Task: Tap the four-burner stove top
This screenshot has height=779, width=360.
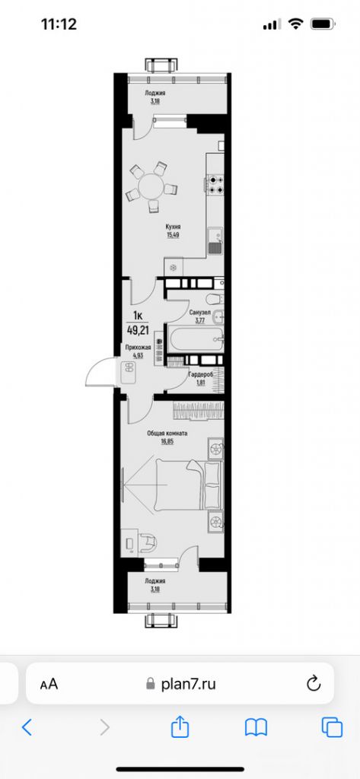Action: coord(214,185)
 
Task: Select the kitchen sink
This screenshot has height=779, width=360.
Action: coord(214,241)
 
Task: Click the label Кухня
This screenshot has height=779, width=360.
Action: coord(174,227)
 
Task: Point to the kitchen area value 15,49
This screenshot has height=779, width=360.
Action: coord(174,235)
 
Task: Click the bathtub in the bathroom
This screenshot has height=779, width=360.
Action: coord(195,340)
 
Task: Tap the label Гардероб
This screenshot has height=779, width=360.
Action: coord(199,374)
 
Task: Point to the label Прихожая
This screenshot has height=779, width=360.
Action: coord(139,347)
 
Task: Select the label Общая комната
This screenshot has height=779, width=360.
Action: coord(167,434)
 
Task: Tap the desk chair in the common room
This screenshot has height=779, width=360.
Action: coord(148,541)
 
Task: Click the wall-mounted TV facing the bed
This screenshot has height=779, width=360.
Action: coord(124,485)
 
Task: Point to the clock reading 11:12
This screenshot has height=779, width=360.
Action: coord(59,24)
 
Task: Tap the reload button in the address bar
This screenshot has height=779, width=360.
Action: coord(313,684)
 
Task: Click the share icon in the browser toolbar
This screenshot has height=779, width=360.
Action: coord(180,727)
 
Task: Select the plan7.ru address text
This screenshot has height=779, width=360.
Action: coord(189,684)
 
